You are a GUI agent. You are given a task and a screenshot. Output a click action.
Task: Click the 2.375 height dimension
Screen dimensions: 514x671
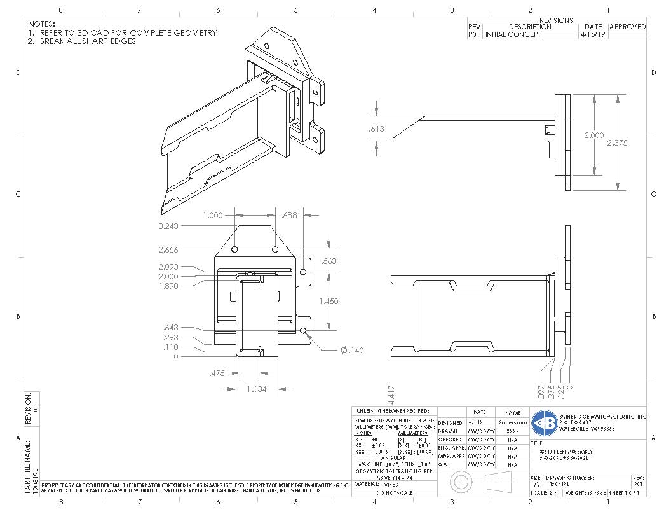(616, 143)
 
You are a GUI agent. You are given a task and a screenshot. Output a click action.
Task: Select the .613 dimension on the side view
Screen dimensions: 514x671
(377, 129)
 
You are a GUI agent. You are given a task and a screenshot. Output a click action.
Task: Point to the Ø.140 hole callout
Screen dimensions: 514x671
(353, 351)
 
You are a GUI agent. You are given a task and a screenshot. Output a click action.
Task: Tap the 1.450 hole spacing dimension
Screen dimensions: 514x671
(329, 301)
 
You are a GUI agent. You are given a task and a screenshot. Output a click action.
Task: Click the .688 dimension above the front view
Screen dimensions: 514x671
(289, 216)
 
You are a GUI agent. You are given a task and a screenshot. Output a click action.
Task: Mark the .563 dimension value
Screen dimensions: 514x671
(329, 261)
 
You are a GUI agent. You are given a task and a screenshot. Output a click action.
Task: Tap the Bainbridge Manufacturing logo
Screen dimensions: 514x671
(544, 422)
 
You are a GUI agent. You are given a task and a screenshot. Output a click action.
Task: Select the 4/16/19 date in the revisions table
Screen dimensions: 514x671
(593, 35)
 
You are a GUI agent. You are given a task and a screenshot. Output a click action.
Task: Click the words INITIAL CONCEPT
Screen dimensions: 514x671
(513, 35)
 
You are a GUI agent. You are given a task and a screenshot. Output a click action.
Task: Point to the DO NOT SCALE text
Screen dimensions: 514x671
(394, 493)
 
